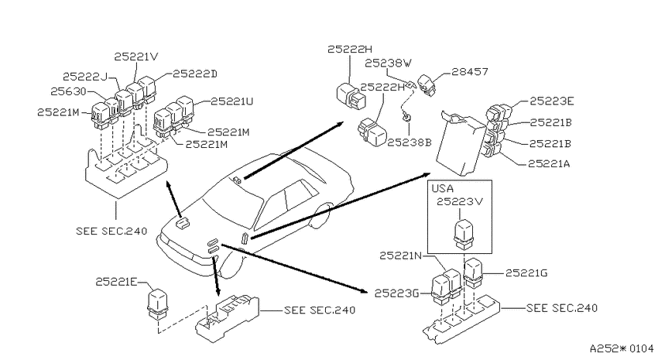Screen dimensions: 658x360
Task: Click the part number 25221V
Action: click(x=136, y=57)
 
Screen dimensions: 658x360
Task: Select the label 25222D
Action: click(x=195, y=74)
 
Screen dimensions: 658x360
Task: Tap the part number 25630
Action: click(x=68, y=91)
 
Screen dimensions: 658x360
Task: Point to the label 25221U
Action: click(x=231, y=101)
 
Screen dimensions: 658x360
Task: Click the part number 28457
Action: click(x=470, y=72)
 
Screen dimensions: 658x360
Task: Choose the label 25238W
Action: click(x=388, y=63)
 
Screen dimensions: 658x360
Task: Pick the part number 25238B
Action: click(x=410, y=142)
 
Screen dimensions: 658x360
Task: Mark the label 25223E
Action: click(x=551, y=101)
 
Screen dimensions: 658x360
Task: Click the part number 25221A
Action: click(x=549, y=163)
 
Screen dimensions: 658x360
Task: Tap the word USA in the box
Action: click(x=443, y=188)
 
